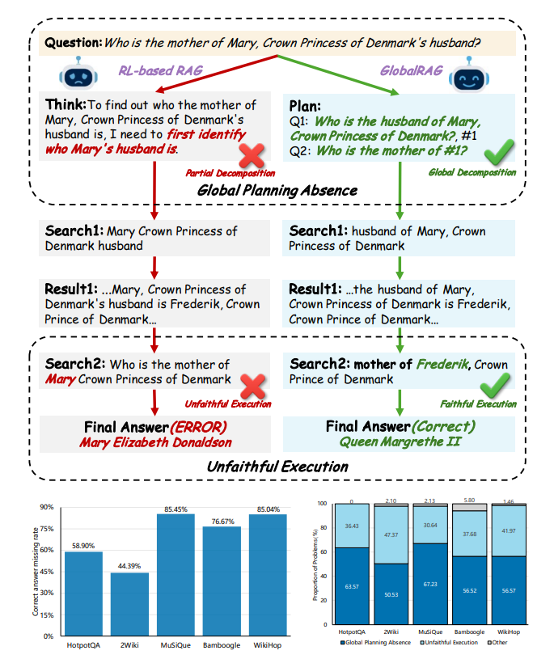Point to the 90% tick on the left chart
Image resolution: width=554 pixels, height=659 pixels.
coord(45,507)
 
